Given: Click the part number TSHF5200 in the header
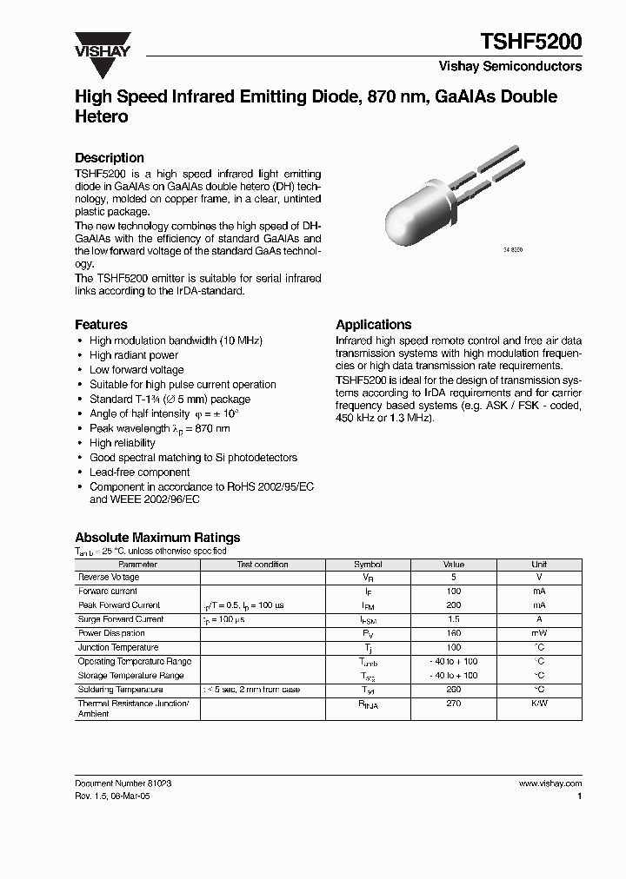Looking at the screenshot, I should (531, 41).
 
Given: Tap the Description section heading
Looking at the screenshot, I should (110, 158).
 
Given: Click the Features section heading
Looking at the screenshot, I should (101, 324).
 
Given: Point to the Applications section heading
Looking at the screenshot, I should (373, 324).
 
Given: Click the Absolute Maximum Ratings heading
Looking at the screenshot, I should (157, 538).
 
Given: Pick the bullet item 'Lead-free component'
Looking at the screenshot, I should (139, 473).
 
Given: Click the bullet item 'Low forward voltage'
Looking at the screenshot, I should (137, 370).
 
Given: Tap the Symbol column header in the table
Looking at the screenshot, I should (368, 565).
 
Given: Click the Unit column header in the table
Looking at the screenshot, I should (539, 565).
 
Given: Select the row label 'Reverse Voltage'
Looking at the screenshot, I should (109, 578).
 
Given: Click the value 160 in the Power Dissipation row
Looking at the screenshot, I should (454, 633).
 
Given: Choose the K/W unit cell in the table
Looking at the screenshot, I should (539, 704).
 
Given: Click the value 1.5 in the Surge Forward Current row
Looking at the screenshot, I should (454, 619).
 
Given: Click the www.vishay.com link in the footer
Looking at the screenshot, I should (549, 783).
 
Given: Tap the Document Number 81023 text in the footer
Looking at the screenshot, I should (123, 783).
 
